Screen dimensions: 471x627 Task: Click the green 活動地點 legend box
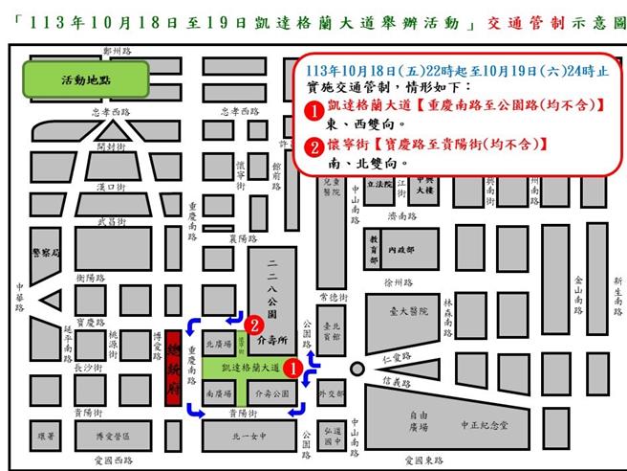coord(86,81)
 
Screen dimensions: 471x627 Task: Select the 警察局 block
coord(45,254)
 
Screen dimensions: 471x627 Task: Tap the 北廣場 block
coord(220,343)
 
